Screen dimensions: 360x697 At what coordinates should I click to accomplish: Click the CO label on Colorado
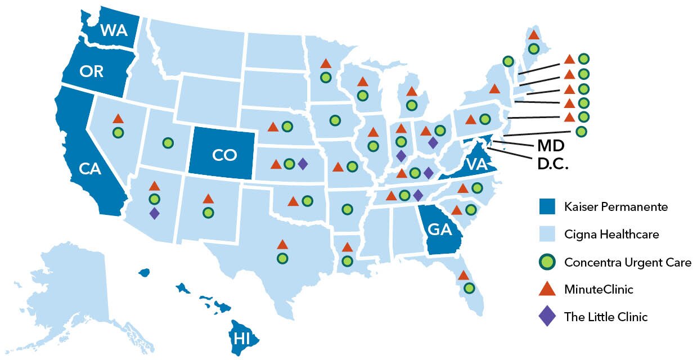[x=224, y=156]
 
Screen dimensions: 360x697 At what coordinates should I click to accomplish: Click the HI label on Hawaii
[x=241, y=338]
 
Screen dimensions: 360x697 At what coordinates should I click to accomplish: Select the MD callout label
[x=550, y=146]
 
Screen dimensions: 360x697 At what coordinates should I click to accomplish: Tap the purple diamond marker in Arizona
[x=154, y=213]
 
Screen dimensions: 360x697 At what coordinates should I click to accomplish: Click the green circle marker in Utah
[x=168, y=143]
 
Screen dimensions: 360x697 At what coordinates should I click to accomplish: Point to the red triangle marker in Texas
[x=282, y=245]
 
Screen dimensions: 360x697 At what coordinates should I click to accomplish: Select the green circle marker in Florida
[x=469, y=288]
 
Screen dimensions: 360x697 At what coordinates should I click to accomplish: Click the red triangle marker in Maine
[x=533, y=35]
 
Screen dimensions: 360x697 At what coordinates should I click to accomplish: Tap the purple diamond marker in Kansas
[x=302, y=164]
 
